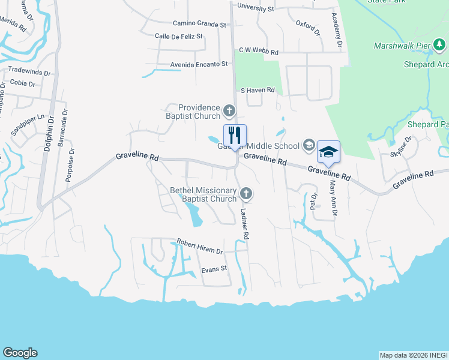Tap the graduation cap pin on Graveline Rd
(328, 151)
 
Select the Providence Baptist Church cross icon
(229, 110)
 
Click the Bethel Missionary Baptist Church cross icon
(246, 193)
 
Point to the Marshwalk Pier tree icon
(440, 45)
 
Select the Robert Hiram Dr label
(199, 246)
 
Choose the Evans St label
(214, 269)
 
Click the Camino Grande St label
(199, 24)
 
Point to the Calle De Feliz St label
(179, 37)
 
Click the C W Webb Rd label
(259, 52)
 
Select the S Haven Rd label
(258, 90)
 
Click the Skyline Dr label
(402, 146)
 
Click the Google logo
(20, 353)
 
